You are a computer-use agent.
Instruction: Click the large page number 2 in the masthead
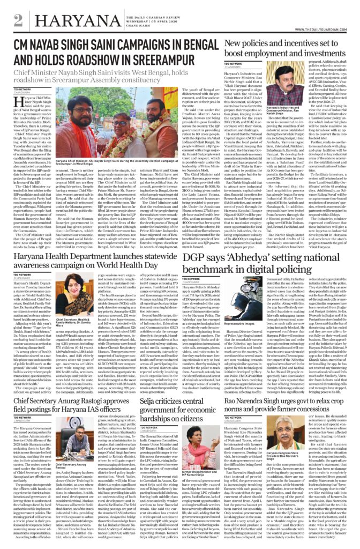[x=19, y=20]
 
